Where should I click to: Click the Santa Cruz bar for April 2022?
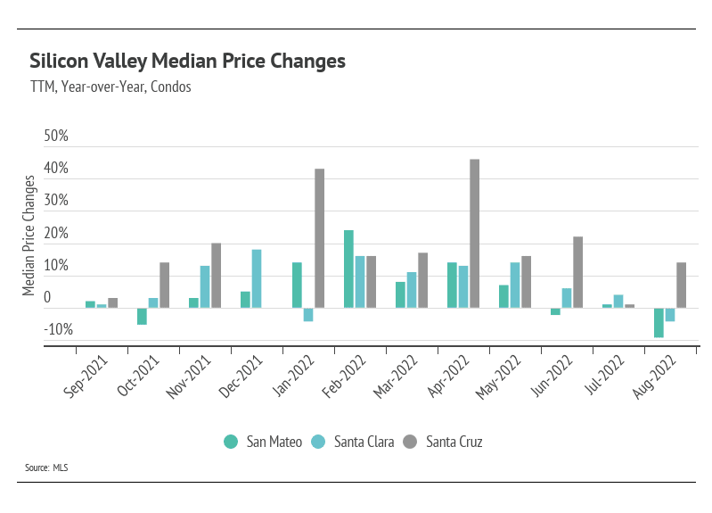(x=474, y=234)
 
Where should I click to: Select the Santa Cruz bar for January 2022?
(x=319, y=238)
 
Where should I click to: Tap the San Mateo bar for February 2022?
(x=348, y=269)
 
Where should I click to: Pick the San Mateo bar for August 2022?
(x=659, y=322)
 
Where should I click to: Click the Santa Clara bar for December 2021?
(x=257, y=278)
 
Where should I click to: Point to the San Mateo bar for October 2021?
(x=142, y=316)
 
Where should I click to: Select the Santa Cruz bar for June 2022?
(x=577, y=272)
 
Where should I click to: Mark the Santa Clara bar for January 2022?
(x=308, y=314)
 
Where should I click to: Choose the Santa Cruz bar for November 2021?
(x=216, y=276)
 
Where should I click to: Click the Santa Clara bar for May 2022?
(x=515, y=285)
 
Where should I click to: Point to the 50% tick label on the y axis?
(x=56, y=137)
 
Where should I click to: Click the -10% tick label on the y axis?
(x=56, y=330)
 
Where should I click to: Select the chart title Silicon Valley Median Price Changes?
(x=187, y=62)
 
